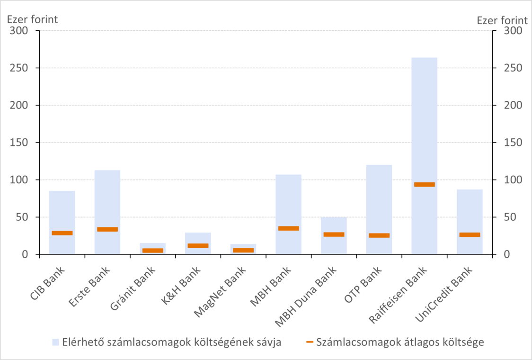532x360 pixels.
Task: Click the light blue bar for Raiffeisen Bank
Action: (x=424, y=118)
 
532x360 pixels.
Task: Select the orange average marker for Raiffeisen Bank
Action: (x=424, y=185)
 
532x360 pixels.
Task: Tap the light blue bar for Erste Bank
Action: (x=107, y=199)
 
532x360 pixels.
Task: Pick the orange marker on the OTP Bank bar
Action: (x=379, y=235)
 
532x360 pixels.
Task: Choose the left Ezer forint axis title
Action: (x=32, y=20)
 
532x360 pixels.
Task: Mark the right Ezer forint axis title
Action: (x=502, y=20)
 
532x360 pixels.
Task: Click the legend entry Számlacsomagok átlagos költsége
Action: (x=400, y=342)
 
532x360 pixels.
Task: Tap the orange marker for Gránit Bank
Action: (x=153, y=251)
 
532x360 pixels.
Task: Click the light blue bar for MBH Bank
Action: (x=288, y=204)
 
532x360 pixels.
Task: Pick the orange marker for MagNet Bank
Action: (x=243, y=250)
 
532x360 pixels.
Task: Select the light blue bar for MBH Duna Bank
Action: (x=334, y=225)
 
